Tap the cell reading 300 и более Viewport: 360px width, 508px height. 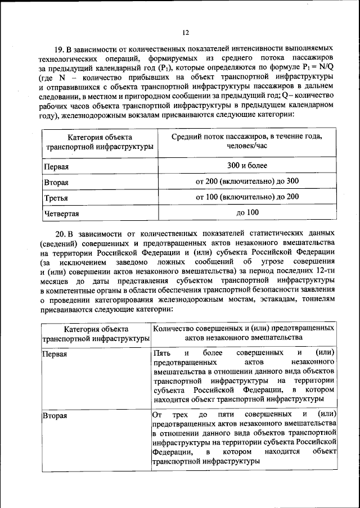(247, 166)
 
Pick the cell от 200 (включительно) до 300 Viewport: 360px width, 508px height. (247, 182)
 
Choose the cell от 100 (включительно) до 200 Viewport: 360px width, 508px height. (247, 197)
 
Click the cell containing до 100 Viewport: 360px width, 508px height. (247, 212)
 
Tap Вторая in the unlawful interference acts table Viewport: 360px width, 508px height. (55, 416)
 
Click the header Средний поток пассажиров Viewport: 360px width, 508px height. (247, 137)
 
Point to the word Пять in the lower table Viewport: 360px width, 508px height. (161, 353)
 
